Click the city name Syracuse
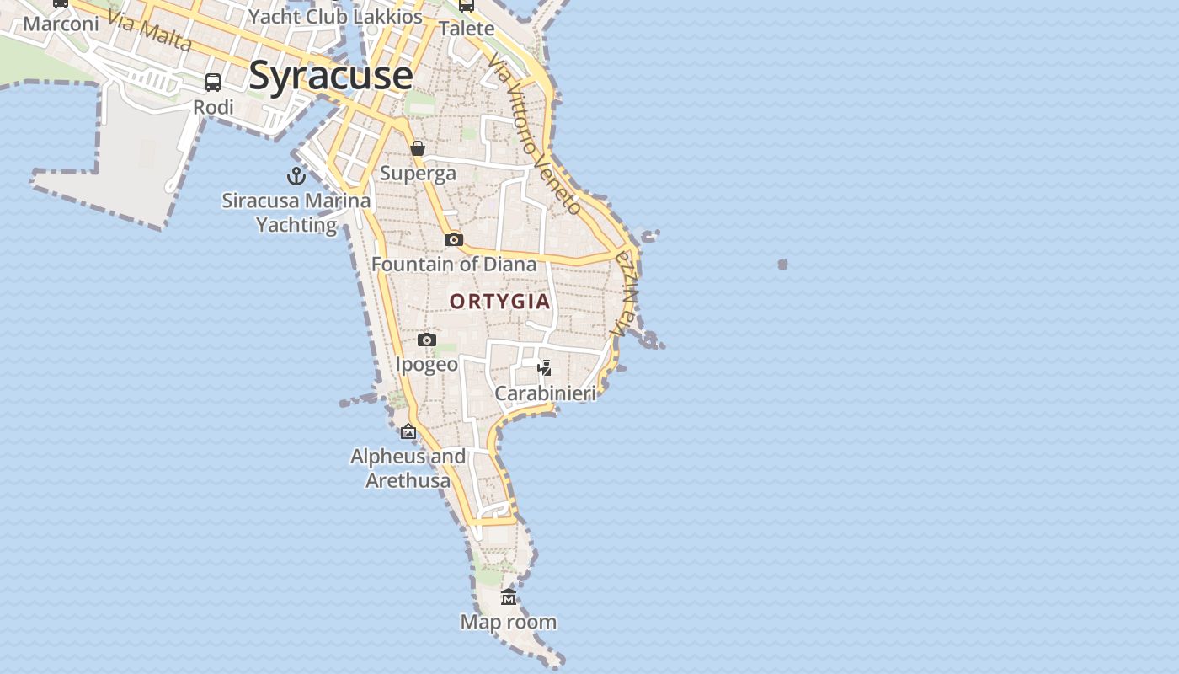tap(330, 75)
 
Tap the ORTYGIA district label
tap(499, 302)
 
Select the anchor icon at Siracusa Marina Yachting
tap(296, 176)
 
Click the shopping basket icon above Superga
tap(418, 149)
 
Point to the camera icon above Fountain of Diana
tap(454, 240)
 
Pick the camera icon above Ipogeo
tap(427, 340)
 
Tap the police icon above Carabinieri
tap(545, 368)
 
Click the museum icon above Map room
tap(509, 597)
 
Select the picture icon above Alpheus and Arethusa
tap(408, 431)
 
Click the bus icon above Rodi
tap(213, 83)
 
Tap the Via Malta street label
tap(151, 31)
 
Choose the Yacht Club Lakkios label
tap(335, 16)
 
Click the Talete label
tap(467, 29)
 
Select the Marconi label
tap(61, 24)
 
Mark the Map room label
tap(508, 623)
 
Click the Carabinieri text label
tap(545, 393)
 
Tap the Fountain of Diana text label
tap(454, 265)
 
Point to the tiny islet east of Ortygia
tap(782, 265)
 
